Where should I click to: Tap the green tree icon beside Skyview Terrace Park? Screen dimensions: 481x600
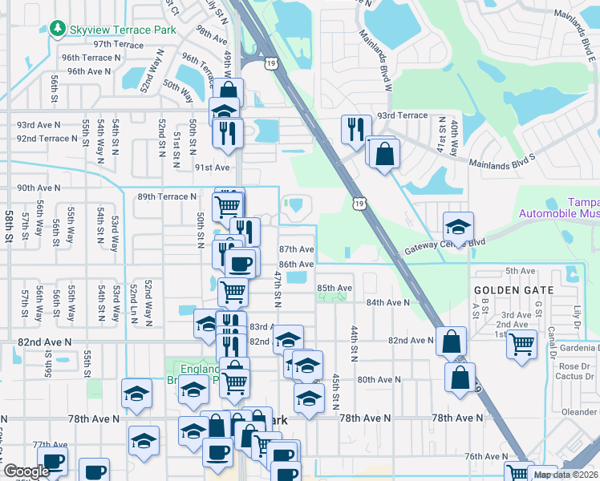click(57, 30)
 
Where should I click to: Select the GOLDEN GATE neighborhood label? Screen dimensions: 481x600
click(513, 289)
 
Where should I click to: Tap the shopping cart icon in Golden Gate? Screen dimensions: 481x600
click(523, 343)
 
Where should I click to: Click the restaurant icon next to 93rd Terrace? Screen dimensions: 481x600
click(354, 127)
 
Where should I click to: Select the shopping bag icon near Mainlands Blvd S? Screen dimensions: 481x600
click(384, 153)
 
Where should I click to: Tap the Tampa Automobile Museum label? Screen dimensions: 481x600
click(558, 208)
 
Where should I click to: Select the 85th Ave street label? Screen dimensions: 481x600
click(334, 288)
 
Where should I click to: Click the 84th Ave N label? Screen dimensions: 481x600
click(387, 302)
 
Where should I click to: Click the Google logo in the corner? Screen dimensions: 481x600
click(26, 471)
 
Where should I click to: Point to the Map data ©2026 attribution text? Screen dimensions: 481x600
click(566, 475)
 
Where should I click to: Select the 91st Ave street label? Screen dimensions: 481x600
click(212, 168)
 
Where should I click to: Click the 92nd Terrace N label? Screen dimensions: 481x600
click(47, 139)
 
